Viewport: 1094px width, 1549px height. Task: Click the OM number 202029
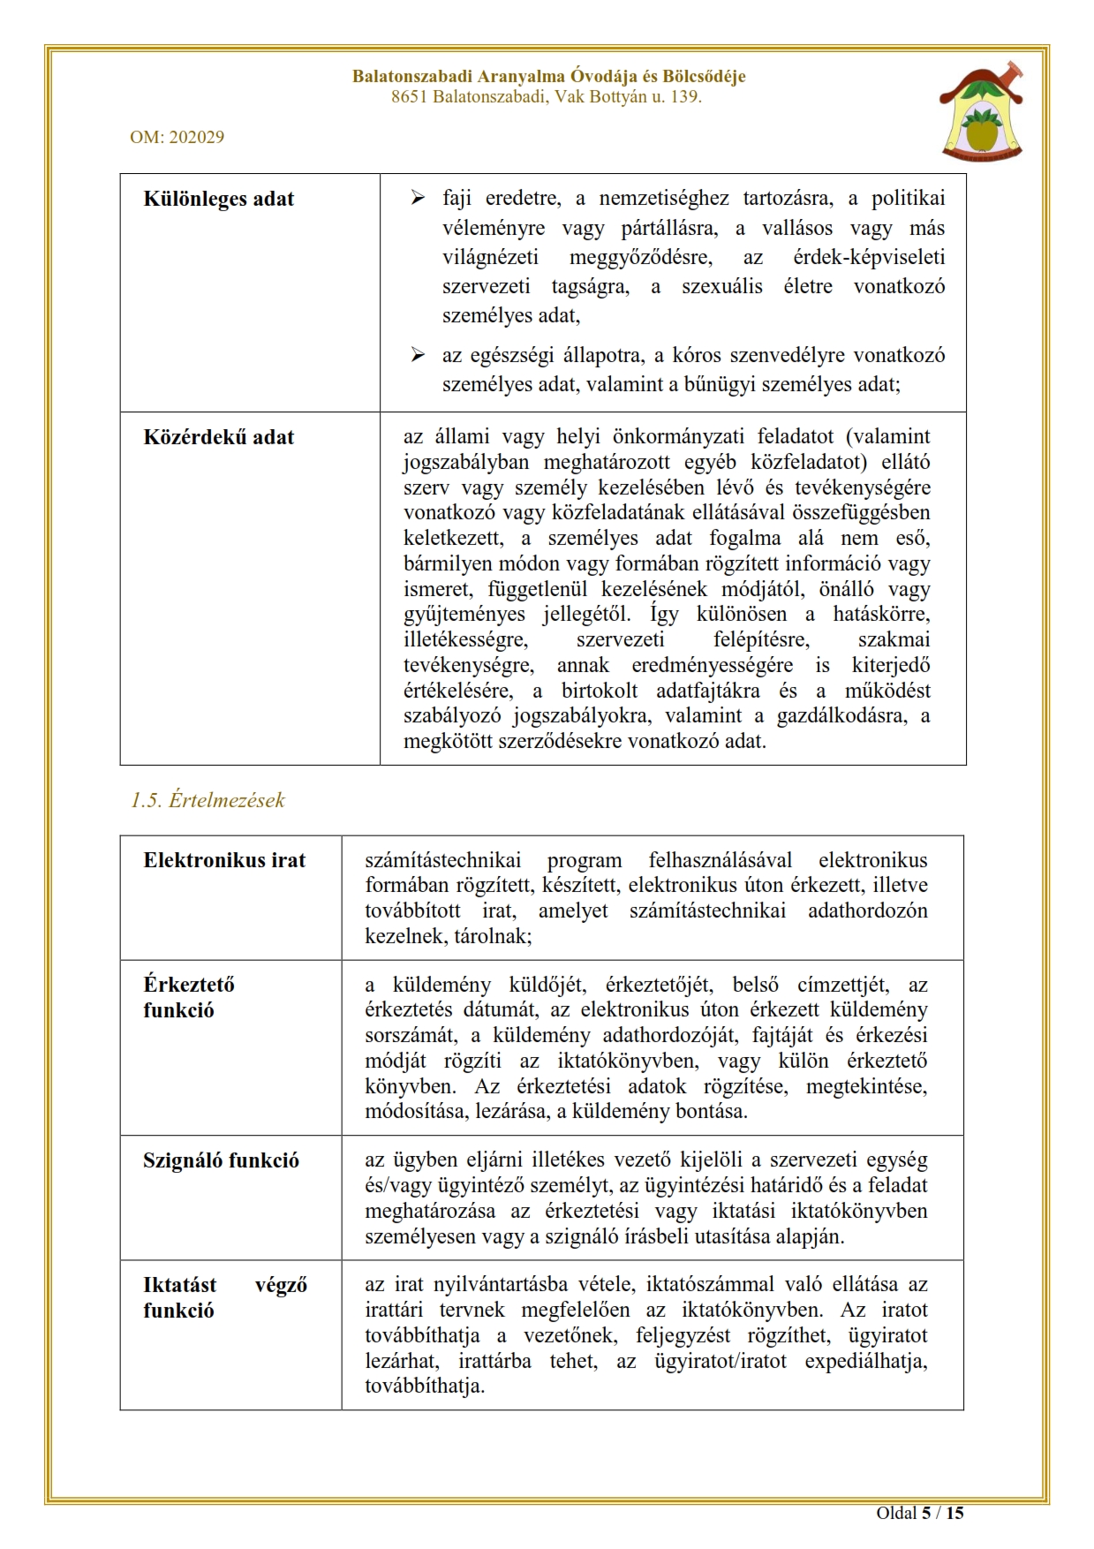(x=177, y=137)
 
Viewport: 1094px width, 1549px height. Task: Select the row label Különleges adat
(x=218, y=199)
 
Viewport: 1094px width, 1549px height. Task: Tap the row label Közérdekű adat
(x=218, y=437)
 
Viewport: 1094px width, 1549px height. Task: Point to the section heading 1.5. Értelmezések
(x=207, y=800)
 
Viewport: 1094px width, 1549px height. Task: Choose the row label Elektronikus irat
(x=224, y=860)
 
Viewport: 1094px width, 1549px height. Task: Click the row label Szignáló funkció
(x=221, y=1160)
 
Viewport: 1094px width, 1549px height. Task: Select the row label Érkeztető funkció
(x=188, y=997)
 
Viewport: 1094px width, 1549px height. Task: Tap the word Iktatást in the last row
(x=180, y=1285)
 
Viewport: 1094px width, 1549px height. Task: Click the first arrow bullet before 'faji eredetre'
(x=418, y=198)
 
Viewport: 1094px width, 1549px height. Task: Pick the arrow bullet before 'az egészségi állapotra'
(x=418, y=355)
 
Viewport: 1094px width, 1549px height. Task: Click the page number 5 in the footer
(x=926, y=1513)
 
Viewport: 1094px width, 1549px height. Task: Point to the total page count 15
(x=954, y=1513)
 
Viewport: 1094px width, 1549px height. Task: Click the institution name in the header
(x=548, y=77)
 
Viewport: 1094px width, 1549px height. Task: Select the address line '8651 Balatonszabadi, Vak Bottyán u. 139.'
(x=547, y=97)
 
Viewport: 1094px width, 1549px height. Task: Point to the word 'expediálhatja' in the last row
(x=865, y=1361)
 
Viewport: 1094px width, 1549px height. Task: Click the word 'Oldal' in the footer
(x=895, y=1513)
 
